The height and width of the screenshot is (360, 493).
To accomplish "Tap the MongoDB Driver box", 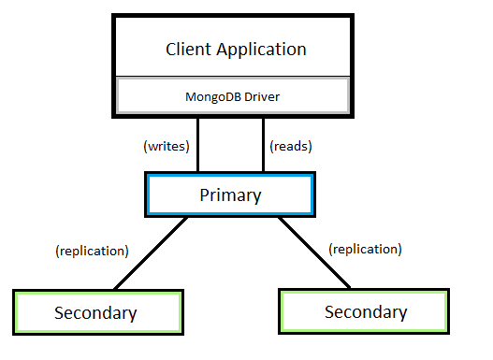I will click(x=231, y=95).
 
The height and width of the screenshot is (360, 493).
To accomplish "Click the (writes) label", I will click(x=167, y=146).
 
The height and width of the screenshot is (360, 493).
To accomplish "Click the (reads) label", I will click(x=290, y=146).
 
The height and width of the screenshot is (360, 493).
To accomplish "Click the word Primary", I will click(x=230, y=195).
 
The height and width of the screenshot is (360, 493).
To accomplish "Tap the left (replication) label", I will click(x=92, y=251).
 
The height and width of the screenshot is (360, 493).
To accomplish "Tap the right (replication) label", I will click(x=366, y=250).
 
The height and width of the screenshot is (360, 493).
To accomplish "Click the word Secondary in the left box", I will click(x=95, y=312).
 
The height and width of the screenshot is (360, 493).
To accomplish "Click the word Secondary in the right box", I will click(x=366, y=311).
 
